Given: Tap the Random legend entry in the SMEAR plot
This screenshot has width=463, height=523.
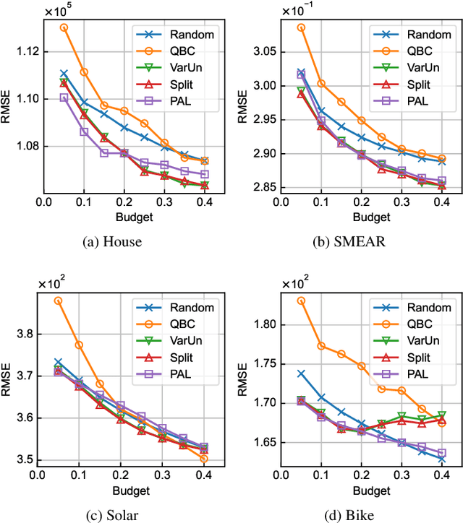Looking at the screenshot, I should (x=421, y=33).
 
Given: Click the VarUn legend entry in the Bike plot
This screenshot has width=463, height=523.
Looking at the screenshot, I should (x=419, y=340).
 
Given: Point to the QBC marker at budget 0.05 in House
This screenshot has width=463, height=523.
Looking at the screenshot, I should (x=64, y=27).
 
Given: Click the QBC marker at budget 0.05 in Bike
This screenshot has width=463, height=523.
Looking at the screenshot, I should (x=300, y=301).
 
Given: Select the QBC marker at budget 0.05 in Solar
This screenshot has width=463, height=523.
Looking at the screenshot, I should (x=58, y=301).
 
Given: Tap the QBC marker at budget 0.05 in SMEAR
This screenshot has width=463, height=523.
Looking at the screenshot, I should (x=301, y=27).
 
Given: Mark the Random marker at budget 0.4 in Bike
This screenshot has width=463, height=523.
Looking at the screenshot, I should (x=441, y=459).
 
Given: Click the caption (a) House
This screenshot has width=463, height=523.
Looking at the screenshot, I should (x=111, y=242).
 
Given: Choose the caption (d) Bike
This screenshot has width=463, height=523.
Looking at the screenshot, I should (x=350, y=515).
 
